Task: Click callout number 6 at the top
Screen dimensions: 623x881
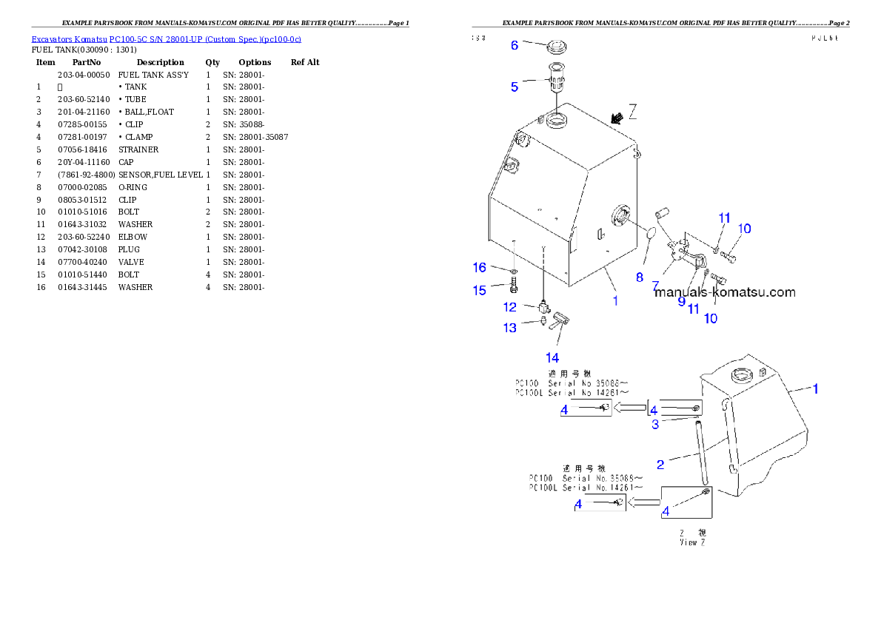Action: pyautogui.click(x=515, y=45)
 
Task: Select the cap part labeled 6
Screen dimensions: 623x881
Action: pyautogui.click(x=557, y=49)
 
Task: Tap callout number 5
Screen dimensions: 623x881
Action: pyautogui.click(x=515, y=87)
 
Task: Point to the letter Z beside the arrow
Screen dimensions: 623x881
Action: pyautogui.click(x=633, y=112)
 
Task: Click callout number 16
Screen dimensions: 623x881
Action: pyautogui.click(x=480, y=266)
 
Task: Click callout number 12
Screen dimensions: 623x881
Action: pyautogui.click(x=510, y=306)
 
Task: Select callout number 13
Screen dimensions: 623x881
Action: pyautogui.click(x=510, y=328)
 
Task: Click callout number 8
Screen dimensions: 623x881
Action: pyautogui.click(x=640, y=277)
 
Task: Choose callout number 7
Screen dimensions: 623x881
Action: pyautogui.click(x=656, y=284)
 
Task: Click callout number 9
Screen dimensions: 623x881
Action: pyautogui.click(x=681, y=301)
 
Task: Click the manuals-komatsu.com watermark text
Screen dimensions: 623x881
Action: pyautogui.click(x=725, y=292)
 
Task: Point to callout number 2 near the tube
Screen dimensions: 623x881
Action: pyautogui.click(x=660, y=464)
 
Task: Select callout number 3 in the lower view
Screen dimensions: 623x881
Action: pyautogui.click(x=655, y=424)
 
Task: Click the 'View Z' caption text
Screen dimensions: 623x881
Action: pyautogui.click(x=692, y=542)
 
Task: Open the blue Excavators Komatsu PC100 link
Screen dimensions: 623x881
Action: pyautogui.click(x=166, y=38)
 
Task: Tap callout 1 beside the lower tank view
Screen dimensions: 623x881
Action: pyautogui.click(x=816, y=388)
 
